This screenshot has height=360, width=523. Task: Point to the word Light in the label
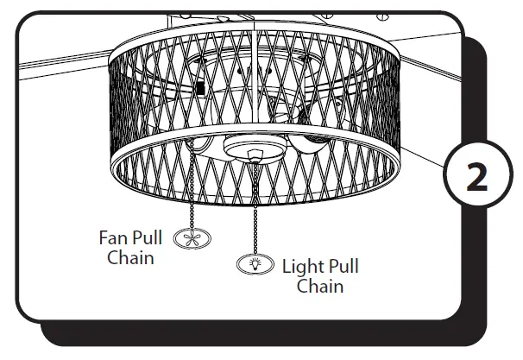pos(303,267)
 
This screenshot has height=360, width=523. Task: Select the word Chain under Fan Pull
pos(129,256)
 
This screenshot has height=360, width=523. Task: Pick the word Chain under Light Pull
pos(319,287)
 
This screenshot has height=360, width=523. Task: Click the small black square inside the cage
pos(199,88)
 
